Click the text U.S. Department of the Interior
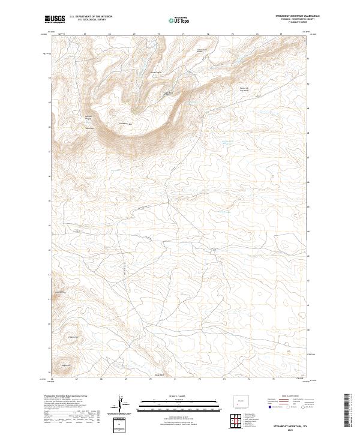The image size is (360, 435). click(91, 16)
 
